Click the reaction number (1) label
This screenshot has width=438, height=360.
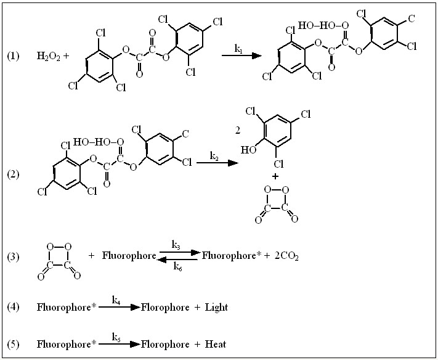coord(13,56)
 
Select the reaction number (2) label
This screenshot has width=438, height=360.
coord(13,174)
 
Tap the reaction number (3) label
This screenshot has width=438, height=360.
coord(13,255)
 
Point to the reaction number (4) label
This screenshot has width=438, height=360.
coord(13,306)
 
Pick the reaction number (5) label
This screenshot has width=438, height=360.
coord(13,344)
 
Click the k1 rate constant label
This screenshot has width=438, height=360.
coord(238,47)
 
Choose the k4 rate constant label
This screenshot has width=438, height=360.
coord(116,299)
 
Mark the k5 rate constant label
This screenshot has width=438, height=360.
coord(116,337)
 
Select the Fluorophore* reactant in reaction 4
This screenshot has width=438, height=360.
coord(65,306)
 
